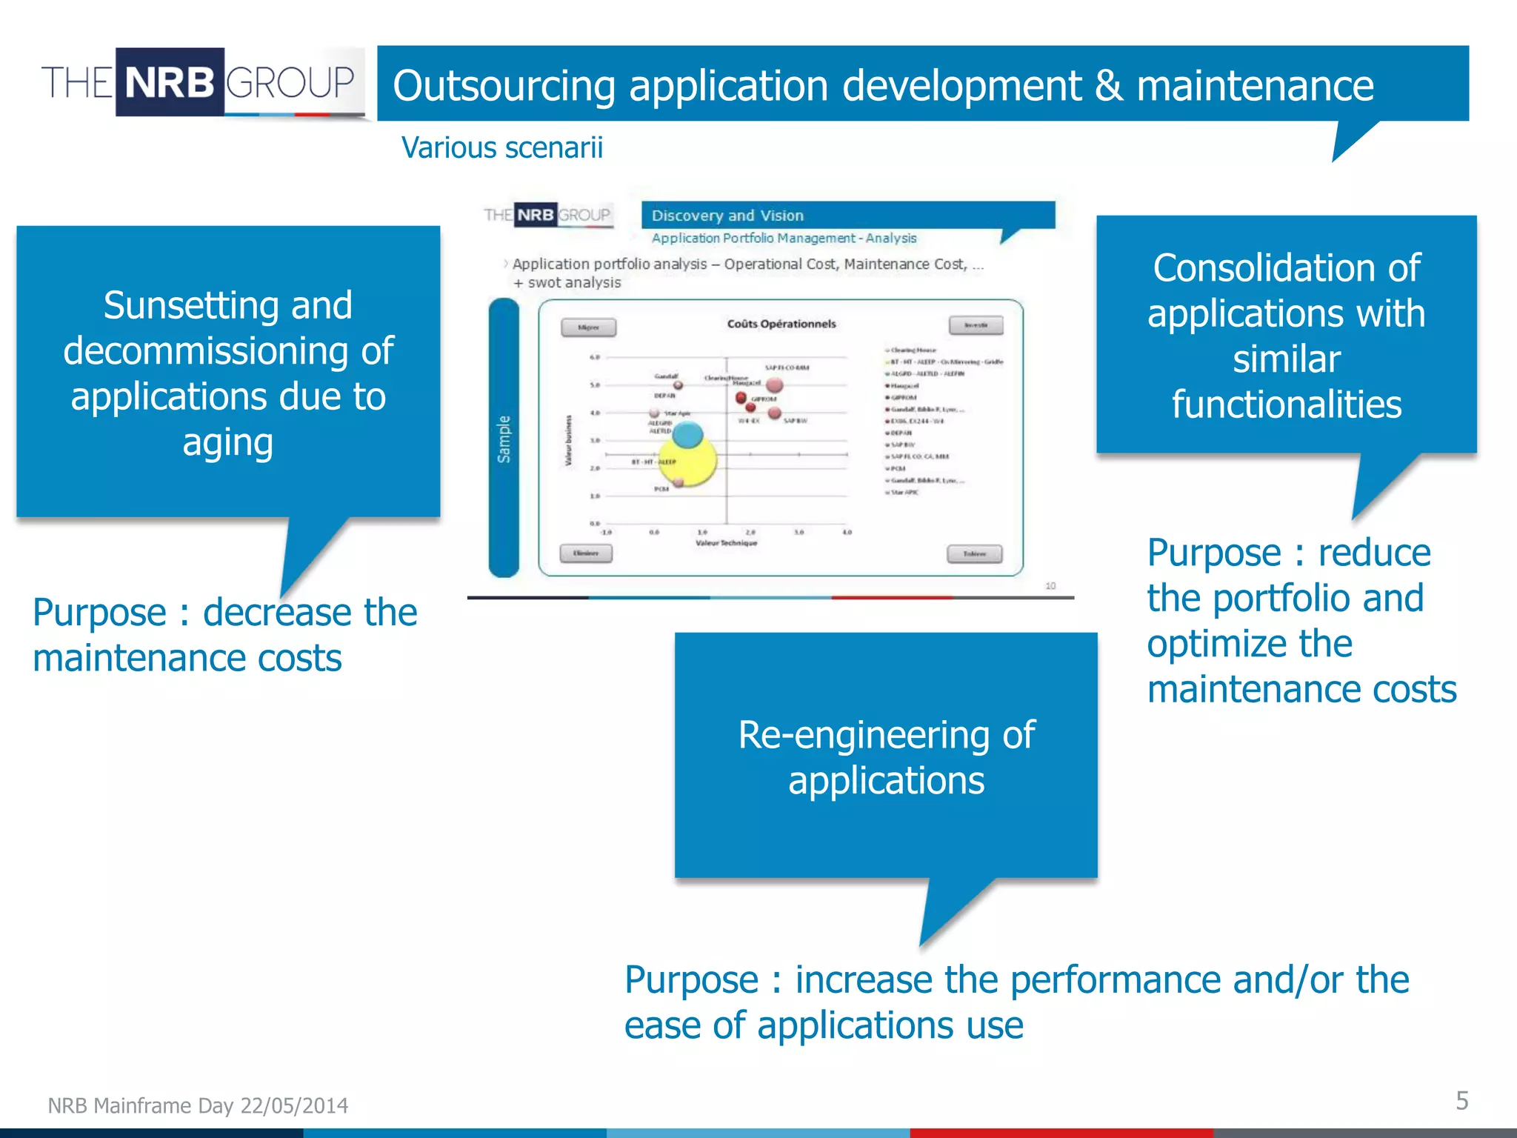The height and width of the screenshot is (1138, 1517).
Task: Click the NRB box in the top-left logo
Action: (x=170, y=81)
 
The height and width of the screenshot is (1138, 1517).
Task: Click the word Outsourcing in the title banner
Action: (x=504, y=85)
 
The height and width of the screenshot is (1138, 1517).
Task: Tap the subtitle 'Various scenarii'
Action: (x=501, y=147)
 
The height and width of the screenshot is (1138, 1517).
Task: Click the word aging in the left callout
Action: (x=227, y=442)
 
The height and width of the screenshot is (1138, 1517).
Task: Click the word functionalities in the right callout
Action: (x=1287, y=405)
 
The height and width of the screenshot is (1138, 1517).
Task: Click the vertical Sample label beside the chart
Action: (x=504, y=439)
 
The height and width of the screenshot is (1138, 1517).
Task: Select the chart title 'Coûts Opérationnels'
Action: (x=781, y=324)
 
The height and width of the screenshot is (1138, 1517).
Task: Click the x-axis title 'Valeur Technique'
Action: (x=726, y=543)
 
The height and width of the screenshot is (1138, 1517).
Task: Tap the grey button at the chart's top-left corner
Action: (x=588, y=327)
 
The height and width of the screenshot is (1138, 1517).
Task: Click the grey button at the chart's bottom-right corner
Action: (x=974, y=553)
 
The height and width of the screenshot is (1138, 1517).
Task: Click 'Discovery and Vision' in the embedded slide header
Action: (x=727, y=216)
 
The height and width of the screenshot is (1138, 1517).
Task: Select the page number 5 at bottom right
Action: (x=1461, y=1100)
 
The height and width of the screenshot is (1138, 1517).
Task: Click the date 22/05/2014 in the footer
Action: (x=294, y=1105)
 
